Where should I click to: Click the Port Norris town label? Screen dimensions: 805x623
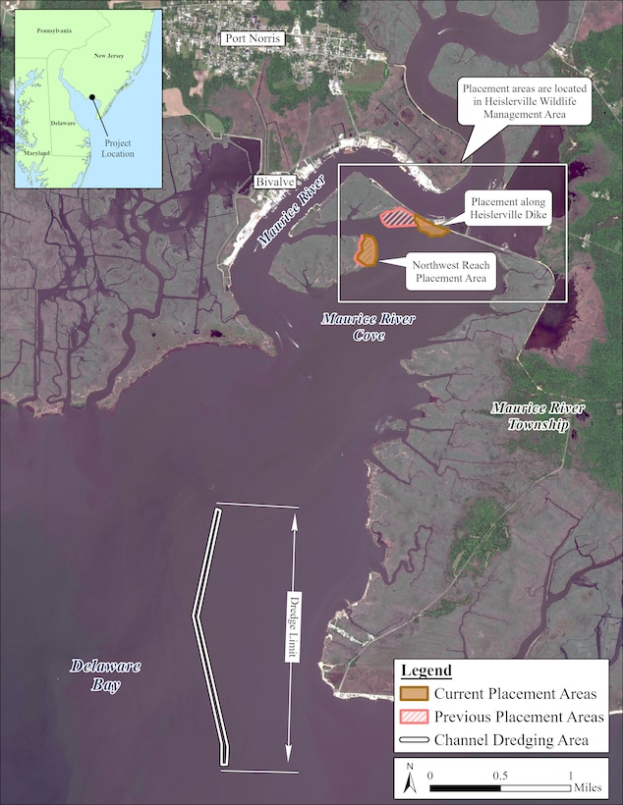252,38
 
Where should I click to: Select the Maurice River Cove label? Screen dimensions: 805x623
355,327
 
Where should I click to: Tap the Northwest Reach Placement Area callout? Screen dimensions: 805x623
453,271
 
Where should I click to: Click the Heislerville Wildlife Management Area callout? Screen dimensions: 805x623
526,102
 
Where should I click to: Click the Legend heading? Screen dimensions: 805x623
426,671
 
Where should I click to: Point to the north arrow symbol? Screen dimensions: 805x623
410,781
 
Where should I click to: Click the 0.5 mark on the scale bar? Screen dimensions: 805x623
499,775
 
